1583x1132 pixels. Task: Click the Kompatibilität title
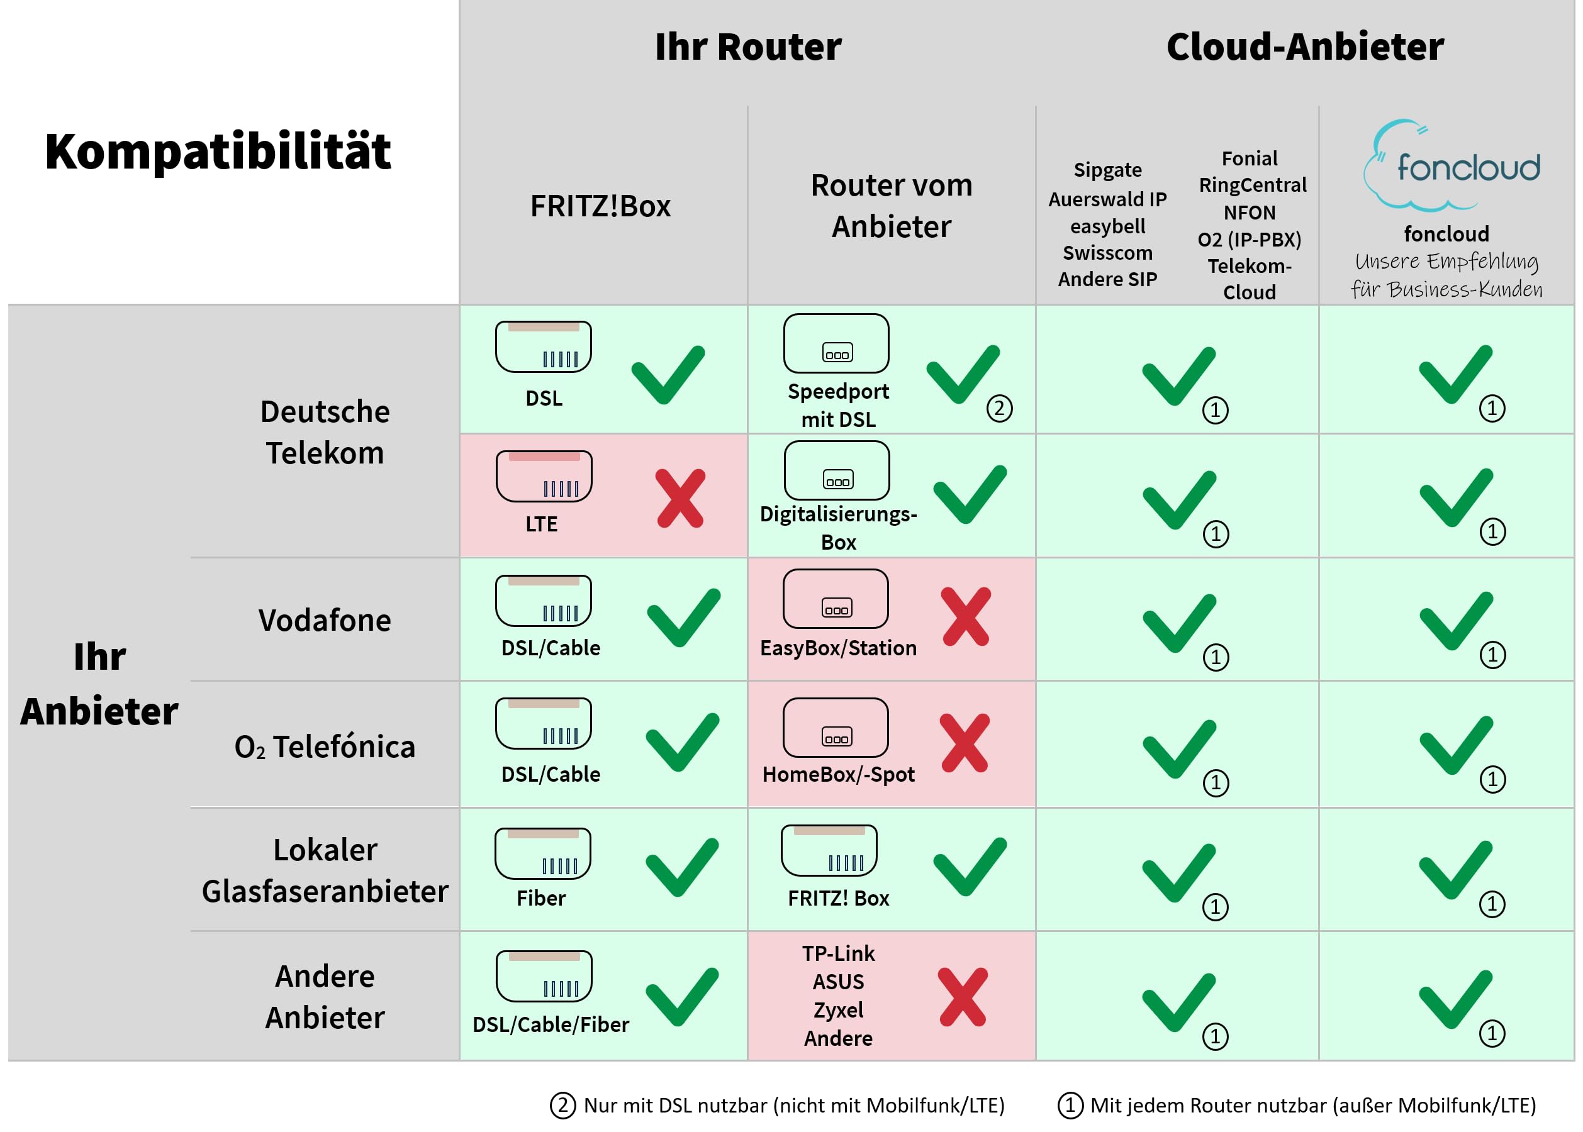point(218,152)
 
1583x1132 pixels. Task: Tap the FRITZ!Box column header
point(600,206)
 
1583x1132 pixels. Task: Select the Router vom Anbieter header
point(891,206)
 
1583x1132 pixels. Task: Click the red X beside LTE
point(681,497)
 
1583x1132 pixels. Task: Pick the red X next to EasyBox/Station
point(966,616)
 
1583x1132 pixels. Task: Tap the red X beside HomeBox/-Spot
point(965,743)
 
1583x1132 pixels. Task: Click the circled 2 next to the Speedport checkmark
point(999,408)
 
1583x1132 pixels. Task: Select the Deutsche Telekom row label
point(325,432)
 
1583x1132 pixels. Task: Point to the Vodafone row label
point(325,619)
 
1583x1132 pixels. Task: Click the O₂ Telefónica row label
point(325,746)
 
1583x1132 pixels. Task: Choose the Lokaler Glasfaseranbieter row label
point(325,870)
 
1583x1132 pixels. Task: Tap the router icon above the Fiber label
point(542,853)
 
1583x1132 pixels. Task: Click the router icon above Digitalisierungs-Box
point(837,470)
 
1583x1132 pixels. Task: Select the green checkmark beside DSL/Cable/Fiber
point(682,997)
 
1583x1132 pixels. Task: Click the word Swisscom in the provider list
point(1107,252)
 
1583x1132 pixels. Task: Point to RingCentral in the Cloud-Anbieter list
point(1253,185)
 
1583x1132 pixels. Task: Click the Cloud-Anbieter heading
point(1305,47)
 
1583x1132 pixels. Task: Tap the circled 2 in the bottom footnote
point(562,1105)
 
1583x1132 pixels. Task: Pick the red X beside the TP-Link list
point(963,997)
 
